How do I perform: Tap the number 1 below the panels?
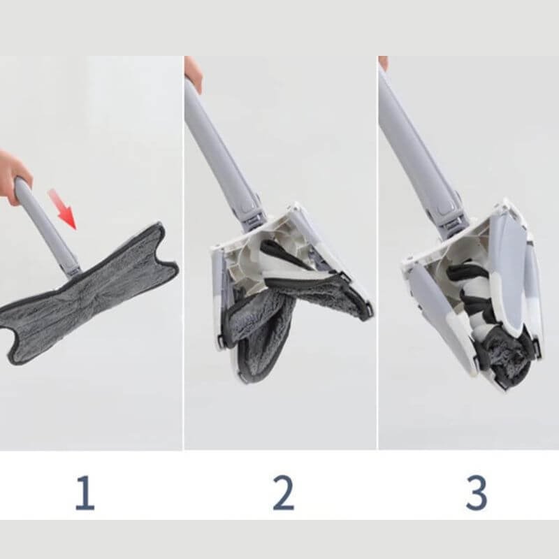[x=85, y=493]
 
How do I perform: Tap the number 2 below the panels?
[x=284, y=493]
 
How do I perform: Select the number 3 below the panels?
[x=477, y=493]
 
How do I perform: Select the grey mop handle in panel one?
[x=48, y=228]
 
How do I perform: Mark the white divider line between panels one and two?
[x=183, y=253]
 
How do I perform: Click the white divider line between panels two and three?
[x=377, y=253]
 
